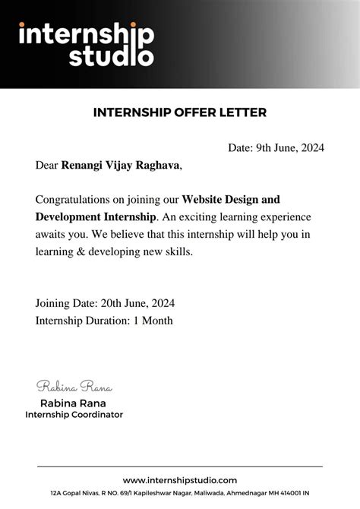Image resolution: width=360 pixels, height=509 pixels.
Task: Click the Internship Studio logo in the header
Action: [86, 44]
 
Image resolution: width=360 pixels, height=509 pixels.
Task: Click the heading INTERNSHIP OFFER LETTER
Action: [179, 112]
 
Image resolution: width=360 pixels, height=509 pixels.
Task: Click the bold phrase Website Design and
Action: [231, 200]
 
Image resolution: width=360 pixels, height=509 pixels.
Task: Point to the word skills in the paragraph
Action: [178, 251]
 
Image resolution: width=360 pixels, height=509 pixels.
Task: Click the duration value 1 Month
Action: [153, 321]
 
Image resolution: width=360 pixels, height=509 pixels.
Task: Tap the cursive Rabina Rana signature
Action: [74, 387]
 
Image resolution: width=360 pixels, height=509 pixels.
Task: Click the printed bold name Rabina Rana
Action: [73, 403]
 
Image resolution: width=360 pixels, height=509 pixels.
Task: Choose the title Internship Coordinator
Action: [74, 415]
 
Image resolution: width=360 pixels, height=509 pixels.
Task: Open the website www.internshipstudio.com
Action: [180, 480]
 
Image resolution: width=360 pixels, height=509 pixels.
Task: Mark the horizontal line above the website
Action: [180, 466]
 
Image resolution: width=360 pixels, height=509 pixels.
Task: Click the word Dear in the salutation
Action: [46, 164]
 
